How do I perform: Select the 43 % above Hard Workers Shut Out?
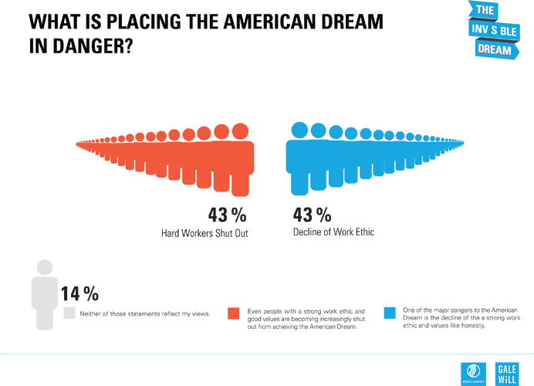coord(228,215)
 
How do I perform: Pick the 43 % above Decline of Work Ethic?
coord(313,215)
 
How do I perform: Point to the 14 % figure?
coord(80,293)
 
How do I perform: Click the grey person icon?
coord(45,293)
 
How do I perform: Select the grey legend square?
coord(69,313)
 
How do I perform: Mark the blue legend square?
coord(390,313)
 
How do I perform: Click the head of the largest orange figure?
coord(240,130)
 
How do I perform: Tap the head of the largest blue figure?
coord(299,130)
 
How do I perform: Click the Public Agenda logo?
coord(471,371)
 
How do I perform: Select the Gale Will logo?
coord(508,371)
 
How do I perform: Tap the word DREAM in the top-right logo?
coord(494,49)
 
